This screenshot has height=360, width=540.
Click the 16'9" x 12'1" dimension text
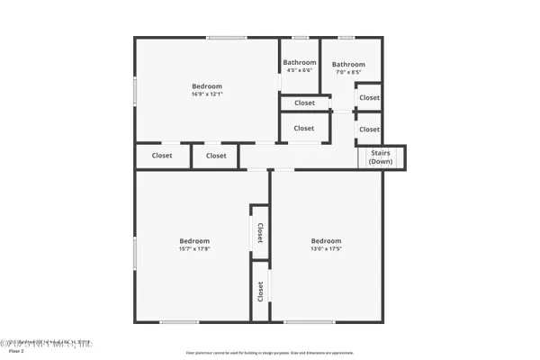206,94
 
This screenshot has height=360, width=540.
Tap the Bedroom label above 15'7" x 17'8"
193,240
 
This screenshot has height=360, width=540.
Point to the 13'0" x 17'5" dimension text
326,249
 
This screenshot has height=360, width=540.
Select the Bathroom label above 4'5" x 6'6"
300,62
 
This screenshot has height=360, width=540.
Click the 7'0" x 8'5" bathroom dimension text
348,73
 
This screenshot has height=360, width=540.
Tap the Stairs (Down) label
381,157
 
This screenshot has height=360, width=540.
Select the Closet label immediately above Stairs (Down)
369,130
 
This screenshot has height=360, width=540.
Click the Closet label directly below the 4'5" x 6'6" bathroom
304,103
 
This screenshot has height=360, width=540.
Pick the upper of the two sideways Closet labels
260,233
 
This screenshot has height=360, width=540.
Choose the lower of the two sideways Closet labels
260,291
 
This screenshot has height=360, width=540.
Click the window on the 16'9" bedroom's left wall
136,93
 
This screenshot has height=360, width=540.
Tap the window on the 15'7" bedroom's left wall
136,252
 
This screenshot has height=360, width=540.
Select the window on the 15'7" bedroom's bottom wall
179,321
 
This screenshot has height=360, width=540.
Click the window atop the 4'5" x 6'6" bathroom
301,37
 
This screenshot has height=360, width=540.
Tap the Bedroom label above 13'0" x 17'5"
326,240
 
